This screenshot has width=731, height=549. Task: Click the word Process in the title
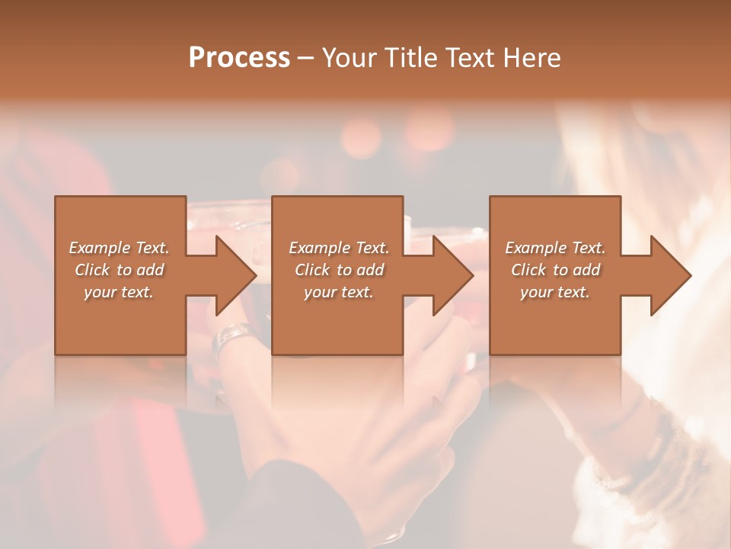tap(239, 58)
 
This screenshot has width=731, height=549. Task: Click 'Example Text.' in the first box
tap(119, 248)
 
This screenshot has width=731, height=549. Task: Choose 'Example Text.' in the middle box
tap(338, 248)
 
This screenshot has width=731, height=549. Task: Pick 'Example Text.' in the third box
tap(555, 248)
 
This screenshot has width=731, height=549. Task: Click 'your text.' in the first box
tap(119, 292)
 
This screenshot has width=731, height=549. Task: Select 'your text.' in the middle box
tap(338, 292)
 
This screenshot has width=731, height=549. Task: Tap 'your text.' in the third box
tap(555, 292)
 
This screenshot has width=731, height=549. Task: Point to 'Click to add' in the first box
tap(119, 270)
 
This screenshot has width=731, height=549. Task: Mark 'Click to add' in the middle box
tap(338, 270)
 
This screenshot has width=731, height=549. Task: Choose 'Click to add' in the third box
tap(555, 270)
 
